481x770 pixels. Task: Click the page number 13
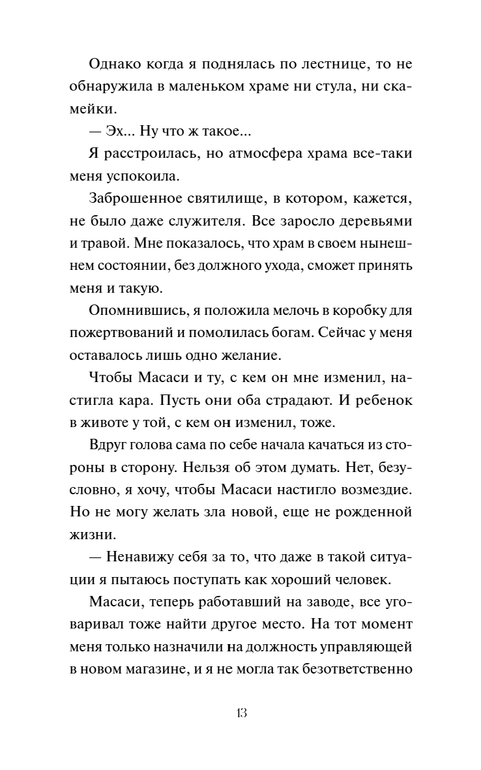[x=241, y=713]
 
